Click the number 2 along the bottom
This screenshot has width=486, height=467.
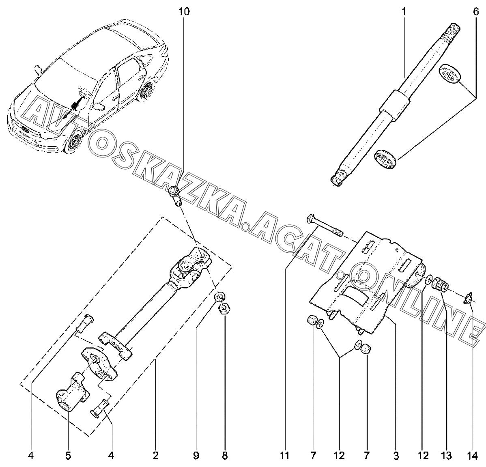tap(155, 456)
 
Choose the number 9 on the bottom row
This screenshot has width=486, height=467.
tap(196, 456)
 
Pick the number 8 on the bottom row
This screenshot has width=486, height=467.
tap(225, 456)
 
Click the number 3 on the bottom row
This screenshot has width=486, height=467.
tap(396, 456)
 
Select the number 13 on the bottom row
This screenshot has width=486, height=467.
tap(446, 456)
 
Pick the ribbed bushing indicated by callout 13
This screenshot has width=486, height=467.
tap(440, 284)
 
